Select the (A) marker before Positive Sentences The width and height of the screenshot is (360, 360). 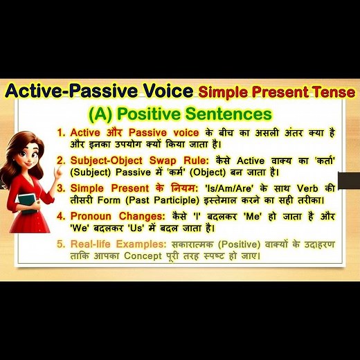click(x=102, y=113)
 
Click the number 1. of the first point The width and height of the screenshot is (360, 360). click(x=61, y=132)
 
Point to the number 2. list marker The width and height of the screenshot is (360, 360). click(x=61, y=159)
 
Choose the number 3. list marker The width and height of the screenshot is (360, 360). click(x=61, y=188)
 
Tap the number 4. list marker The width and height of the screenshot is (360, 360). click(x=61, y=215)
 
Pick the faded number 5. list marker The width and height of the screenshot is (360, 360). click(x=61, y=244)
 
